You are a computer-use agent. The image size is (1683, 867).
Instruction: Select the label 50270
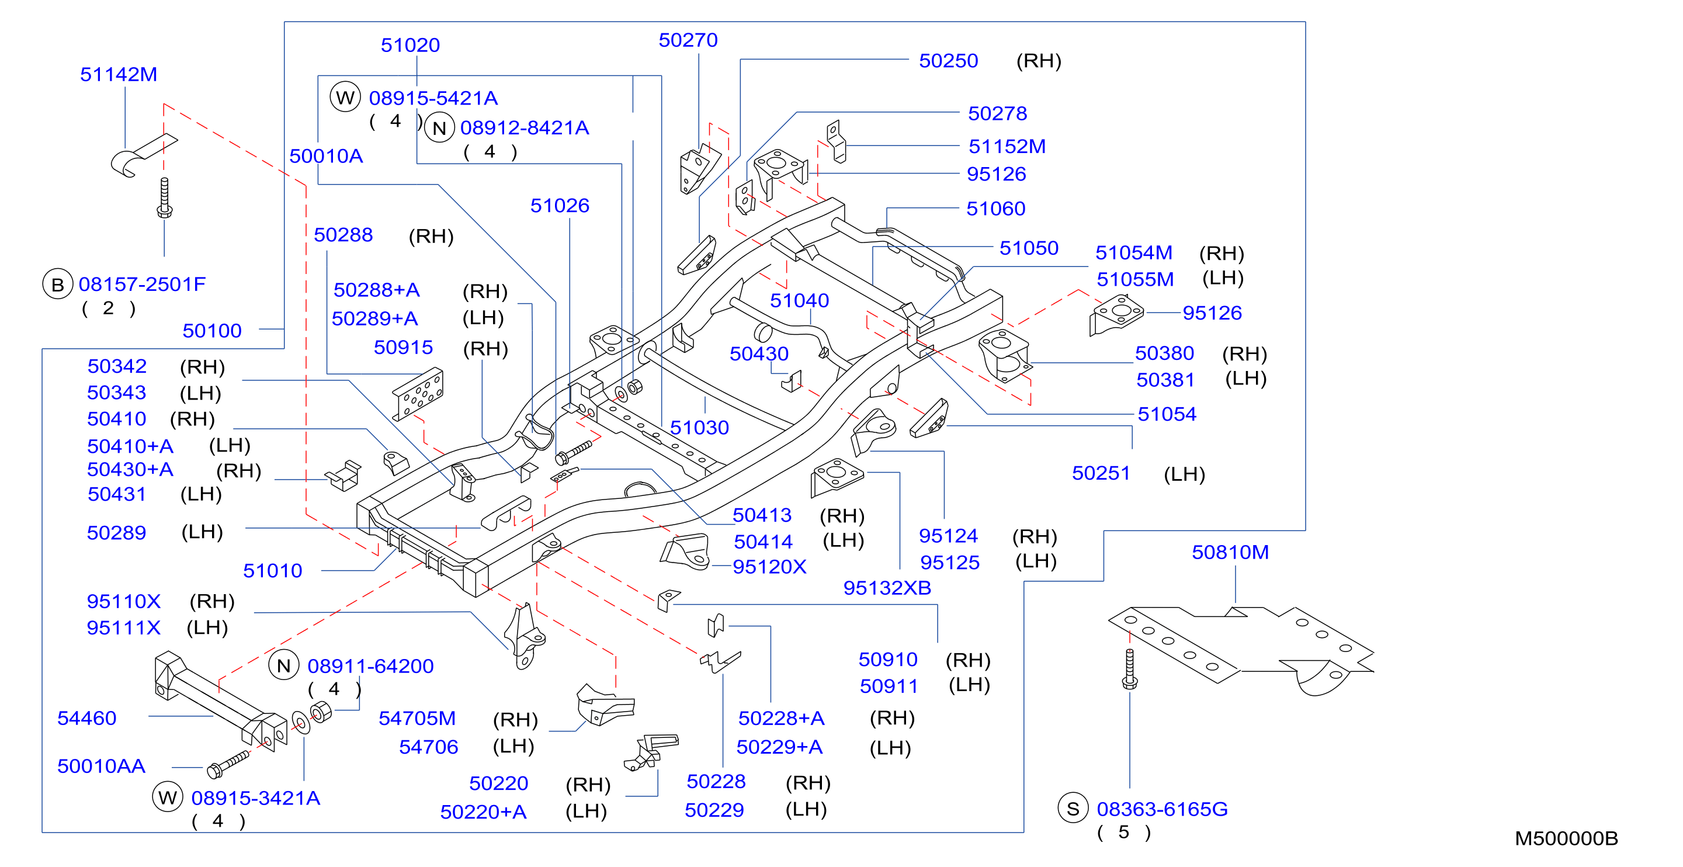[x=688, y=40]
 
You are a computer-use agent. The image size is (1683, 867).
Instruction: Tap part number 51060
[x=995, y=209]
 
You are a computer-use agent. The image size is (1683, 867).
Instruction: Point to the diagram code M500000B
[x=1566, y=838]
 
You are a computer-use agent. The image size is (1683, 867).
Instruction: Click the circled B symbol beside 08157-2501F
[x=57, y=284]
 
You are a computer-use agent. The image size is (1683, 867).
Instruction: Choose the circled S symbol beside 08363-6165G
[x=1073, y=808]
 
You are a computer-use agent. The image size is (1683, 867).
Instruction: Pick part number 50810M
[x=1230, y=552]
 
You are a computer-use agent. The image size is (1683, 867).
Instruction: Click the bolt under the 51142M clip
[x=165, y=197]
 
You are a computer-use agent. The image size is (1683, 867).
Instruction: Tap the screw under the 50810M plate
[x=1130, y=668]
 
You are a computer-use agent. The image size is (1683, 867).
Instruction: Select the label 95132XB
[x=887, y=588]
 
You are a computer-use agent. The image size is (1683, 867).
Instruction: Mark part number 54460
[x=87, y=718]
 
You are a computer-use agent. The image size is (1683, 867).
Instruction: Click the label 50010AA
[x=101, y=766]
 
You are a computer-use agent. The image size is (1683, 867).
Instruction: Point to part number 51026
[x=560, y=206]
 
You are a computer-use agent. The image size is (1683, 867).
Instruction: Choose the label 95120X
[x=769, y=567]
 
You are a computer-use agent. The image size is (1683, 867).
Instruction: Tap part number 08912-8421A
[x=525, y=128]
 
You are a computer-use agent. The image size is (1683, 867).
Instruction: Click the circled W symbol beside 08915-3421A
[x=167, y=797]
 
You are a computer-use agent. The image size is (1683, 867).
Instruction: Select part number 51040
[x=799, y=300]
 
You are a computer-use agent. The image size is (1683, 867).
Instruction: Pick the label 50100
[x=211, y=331]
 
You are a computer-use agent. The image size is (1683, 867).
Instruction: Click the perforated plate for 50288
[x=418, y=394]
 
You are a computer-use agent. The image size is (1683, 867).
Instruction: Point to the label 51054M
[x=1133, y=252]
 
